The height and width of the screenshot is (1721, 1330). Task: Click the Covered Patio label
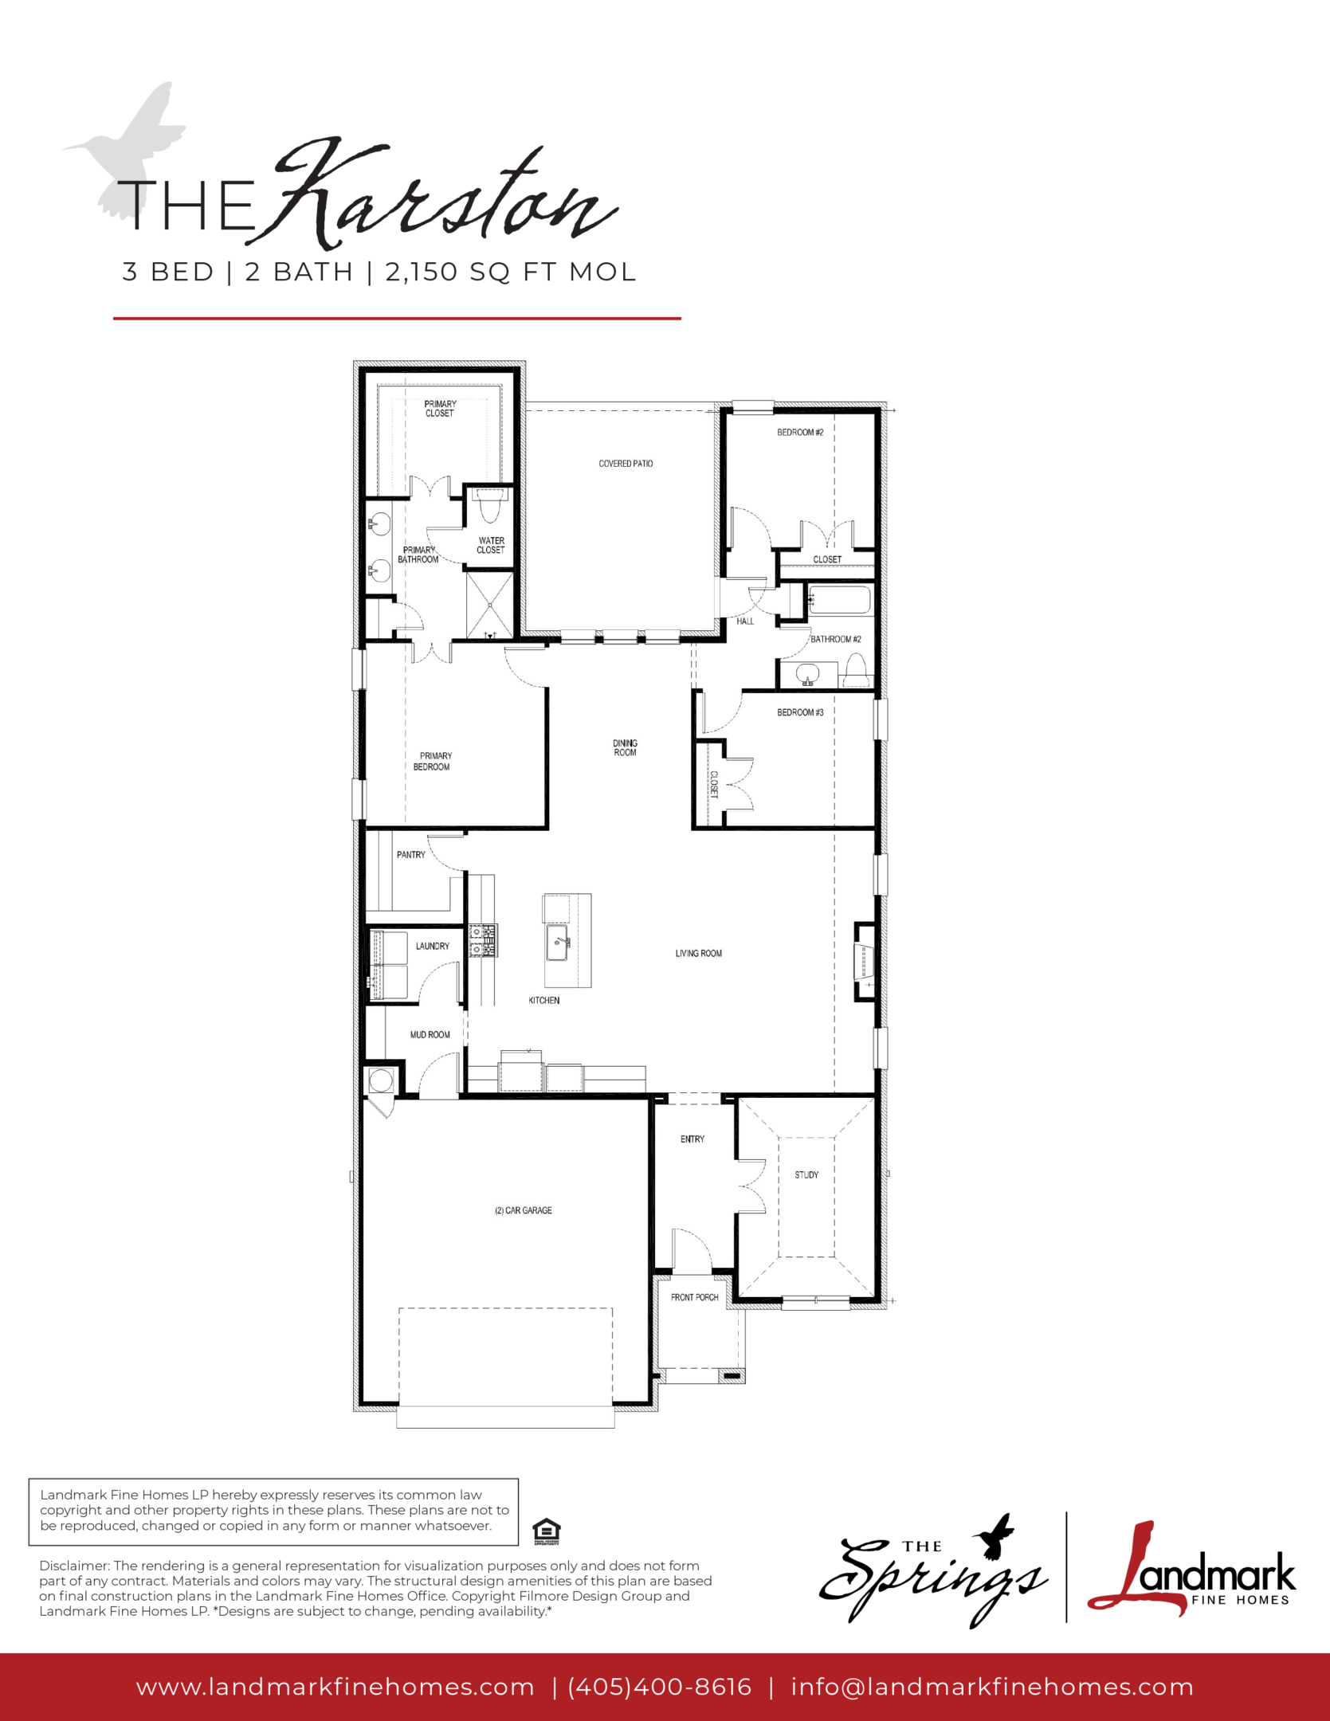point(626,463)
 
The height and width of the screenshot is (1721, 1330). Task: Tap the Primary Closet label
point(440,409)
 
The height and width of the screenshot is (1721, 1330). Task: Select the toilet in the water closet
point(488,505)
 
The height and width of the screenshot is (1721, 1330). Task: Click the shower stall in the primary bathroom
point(489,605)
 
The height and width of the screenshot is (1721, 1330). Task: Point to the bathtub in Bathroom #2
point(839,600)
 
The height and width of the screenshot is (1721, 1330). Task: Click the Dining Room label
point(625,747)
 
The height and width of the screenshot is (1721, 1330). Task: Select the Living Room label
point(699,953)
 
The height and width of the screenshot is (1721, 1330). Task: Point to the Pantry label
point(411,855)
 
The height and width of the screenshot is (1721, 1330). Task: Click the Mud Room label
point(430,1035)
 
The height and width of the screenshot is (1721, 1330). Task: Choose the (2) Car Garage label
point(524,1210)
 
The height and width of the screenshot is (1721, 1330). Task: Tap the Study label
point(806,1174)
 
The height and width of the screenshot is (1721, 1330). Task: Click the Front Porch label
point(695,1297)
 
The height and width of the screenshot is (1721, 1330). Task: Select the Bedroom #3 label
point(800,712)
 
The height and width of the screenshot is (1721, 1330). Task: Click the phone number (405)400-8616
point(660,1687)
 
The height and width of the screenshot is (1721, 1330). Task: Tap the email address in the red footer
point(992,1687)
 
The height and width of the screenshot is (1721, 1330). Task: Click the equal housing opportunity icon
point(546,1531)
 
